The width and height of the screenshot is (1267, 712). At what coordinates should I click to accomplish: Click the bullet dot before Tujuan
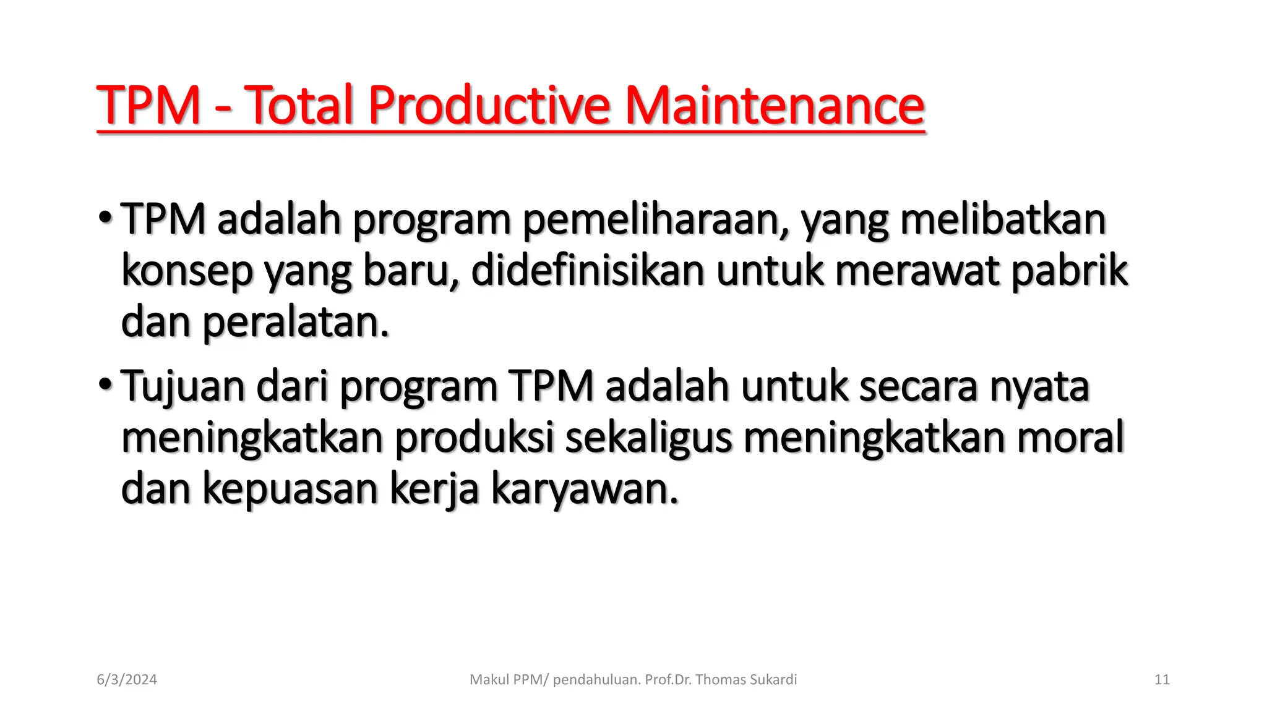(105, 385)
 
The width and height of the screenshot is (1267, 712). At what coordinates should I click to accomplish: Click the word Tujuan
(182, 387)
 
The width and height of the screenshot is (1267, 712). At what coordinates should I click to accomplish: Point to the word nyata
(1039, 387)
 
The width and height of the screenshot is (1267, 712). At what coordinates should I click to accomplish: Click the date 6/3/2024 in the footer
(127, 680)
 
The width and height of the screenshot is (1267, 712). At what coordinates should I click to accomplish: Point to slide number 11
(1162, 680)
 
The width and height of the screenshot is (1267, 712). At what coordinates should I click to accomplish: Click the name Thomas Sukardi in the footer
(745, 680)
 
